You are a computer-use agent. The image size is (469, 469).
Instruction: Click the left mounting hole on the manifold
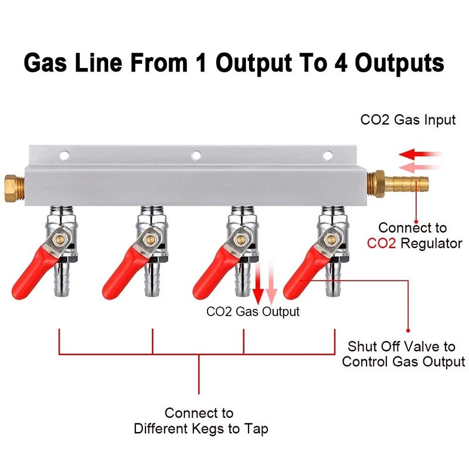pyautogui.click(x=64, y=155)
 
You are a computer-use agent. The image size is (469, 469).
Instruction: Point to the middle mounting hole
pyautogui.click(x=196, y=155)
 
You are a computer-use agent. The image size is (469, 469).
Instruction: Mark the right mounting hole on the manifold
pyautogui.click(x=329, y=155)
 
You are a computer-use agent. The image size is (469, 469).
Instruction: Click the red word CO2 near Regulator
pyautogui.click(x=382, y=243)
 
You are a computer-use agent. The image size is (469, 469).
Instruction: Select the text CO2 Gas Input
pyautogui.click(x=408, y=120)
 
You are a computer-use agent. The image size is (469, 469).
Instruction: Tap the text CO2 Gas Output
pyautogui.click(x=253, y=312)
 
